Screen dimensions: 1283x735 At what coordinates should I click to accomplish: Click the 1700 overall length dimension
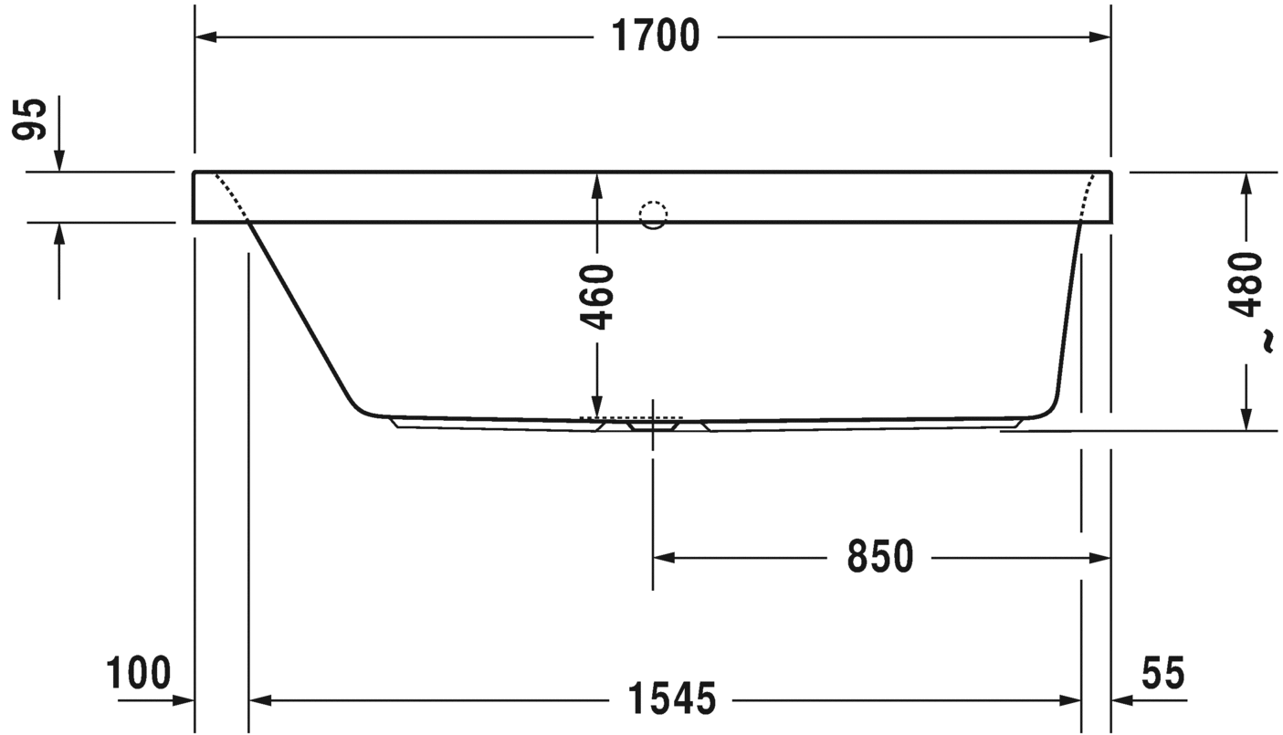656,37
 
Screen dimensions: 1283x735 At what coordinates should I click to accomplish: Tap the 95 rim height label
29,120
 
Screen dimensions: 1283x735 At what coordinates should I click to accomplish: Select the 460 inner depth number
597,297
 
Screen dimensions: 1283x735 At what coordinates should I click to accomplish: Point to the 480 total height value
1246,285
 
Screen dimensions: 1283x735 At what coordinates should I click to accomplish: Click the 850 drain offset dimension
880,557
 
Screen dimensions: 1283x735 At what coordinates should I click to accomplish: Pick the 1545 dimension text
672,698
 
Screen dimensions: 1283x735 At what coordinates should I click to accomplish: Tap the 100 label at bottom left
139,673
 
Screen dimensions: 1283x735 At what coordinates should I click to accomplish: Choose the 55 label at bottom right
1163,673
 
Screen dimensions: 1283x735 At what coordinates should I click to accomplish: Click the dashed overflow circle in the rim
654,215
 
